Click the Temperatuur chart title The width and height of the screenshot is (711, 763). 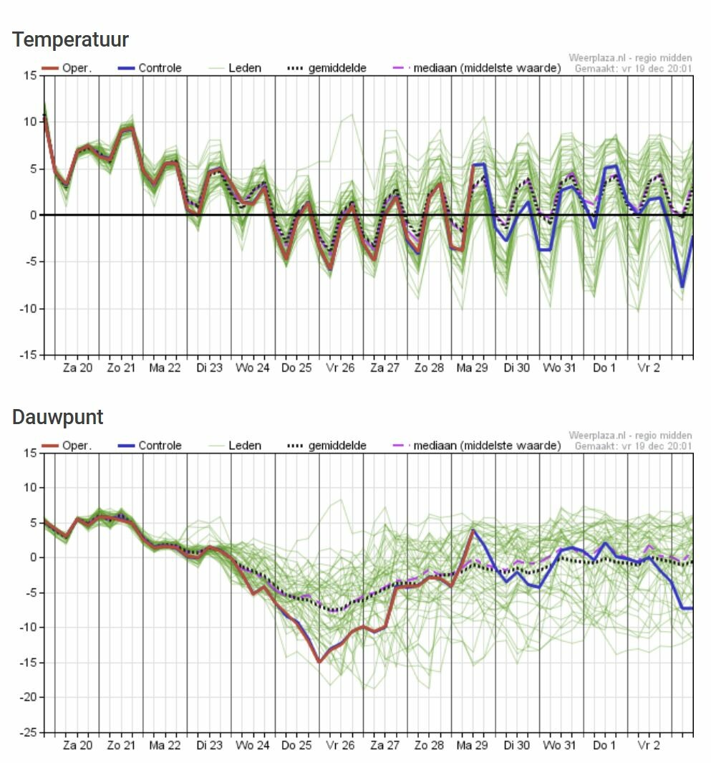coord(70,39)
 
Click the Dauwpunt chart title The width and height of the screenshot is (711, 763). coord(57,417)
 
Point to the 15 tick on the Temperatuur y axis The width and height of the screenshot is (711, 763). coord(29,75)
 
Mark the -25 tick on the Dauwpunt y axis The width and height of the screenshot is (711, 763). coord(26,732)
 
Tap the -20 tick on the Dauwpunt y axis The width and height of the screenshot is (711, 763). coord(26,697)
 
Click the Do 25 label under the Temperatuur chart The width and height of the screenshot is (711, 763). coord(296,368)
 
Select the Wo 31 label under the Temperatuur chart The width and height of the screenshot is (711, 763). coord(561,368)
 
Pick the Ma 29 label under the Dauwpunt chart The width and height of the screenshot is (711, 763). coord(473,745)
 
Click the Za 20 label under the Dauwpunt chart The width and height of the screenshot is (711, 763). coord(77,745)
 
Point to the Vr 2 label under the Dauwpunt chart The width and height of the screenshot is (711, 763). coord(649,745)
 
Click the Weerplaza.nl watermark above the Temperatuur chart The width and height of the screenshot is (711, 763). coord(630,57)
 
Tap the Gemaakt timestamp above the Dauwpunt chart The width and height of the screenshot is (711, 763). coord(633,446)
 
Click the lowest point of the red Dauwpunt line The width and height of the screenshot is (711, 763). coord(319,662)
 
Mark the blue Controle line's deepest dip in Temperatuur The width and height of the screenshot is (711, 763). coord(682,287)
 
